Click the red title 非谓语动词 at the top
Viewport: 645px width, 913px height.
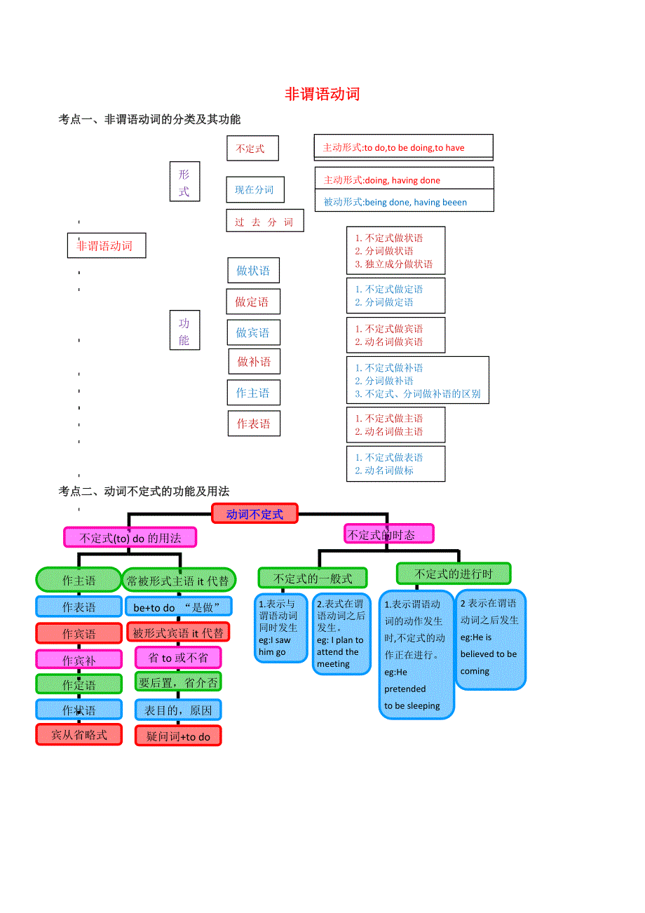322,95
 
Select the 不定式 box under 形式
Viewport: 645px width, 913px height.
252,149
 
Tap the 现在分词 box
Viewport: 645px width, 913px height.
255,190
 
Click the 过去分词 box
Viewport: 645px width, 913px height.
265,222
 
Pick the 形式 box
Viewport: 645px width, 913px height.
184,182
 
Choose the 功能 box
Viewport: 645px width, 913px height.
184,331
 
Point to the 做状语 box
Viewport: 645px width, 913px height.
253,271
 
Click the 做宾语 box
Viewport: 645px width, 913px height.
253,332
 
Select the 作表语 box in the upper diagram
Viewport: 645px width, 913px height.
253,424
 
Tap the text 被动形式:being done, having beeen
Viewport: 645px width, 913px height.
395,202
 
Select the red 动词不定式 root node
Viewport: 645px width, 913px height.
254,514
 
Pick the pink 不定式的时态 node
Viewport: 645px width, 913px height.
388,534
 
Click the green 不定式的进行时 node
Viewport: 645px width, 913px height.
454,574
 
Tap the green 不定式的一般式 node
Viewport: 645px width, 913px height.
313,579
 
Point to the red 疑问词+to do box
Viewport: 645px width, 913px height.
178,736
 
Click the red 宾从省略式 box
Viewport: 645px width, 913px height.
79,735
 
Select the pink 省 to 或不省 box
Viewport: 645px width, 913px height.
178,658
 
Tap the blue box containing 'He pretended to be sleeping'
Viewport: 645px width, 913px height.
416,654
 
